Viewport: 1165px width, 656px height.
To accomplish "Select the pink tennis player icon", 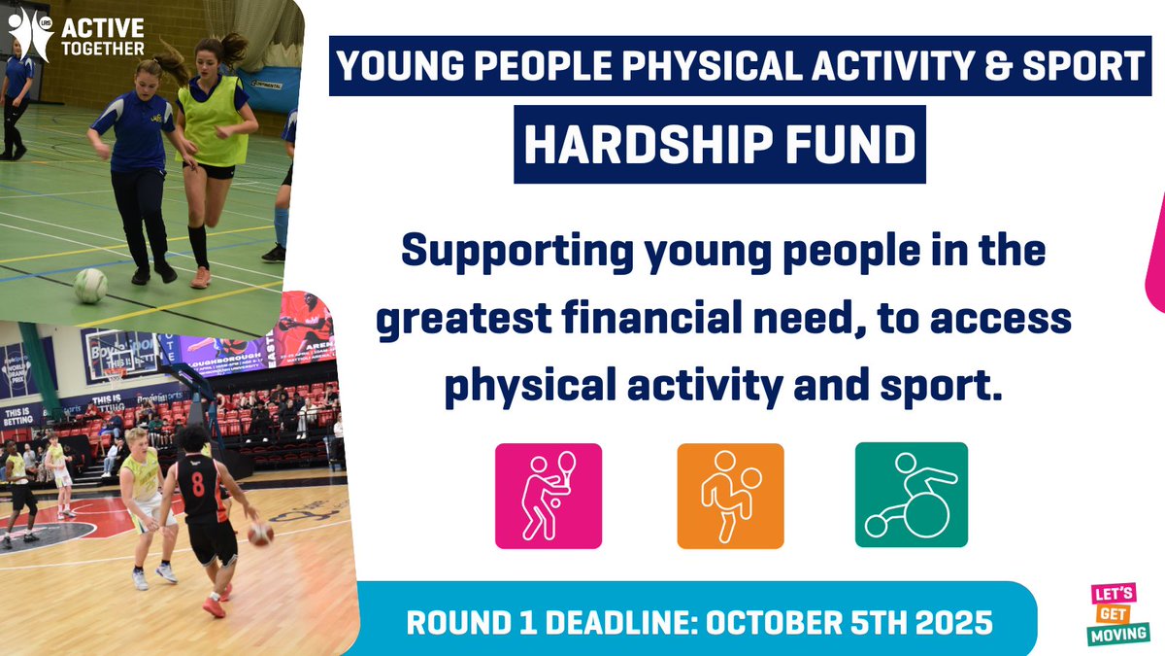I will (548, 496).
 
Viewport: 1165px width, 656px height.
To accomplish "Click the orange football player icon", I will (730, 496).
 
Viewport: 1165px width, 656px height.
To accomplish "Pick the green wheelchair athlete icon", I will (911, 496).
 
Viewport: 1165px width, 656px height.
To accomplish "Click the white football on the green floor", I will (90, 286).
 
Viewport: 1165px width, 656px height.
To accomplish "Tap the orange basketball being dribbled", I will (260, 534).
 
